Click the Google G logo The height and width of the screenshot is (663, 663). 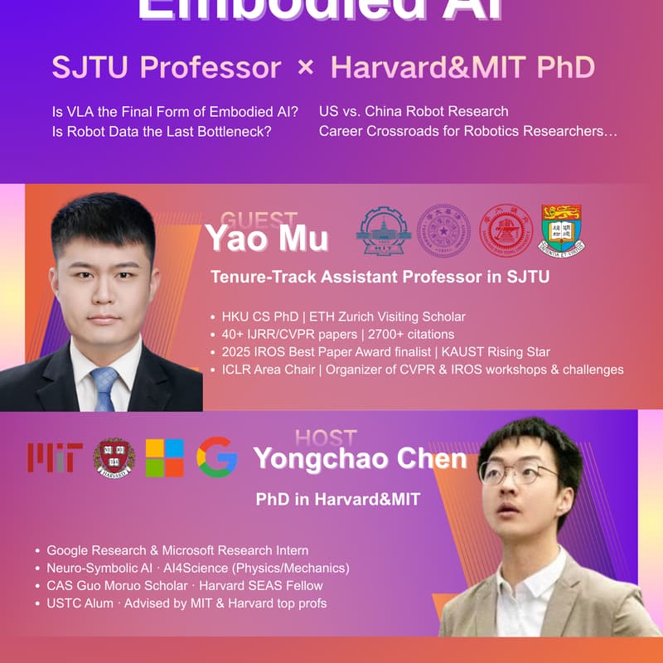(217, 457)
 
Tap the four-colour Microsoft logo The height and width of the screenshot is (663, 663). (164, 457)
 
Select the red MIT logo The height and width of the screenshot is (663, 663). (55, 457)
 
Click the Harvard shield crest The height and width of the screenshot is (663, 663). (114, 457)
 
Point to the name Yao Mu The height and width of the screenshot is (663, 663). (267, 239)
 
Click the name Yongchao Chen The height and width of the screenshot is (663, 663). (360, 458)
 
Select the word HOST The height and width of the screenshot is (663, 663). (325, 438)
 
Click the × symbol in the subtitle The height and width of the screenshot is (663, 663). (305, 68)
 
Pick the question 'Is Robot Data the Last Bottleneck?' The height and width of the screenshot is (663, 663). (162, 131)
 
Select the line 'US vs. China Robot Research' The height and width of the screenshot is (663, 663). (414, 111)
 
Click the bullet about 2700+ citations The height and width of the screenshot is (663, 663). (338, 334)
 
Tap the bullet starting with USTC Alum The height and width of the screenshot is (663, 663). (186, 603)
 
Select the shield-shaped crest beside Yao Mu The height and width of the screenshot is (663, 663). (563, 229)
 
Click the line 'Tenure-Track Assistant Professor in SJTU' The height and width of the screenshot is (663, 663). (380, 277)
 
